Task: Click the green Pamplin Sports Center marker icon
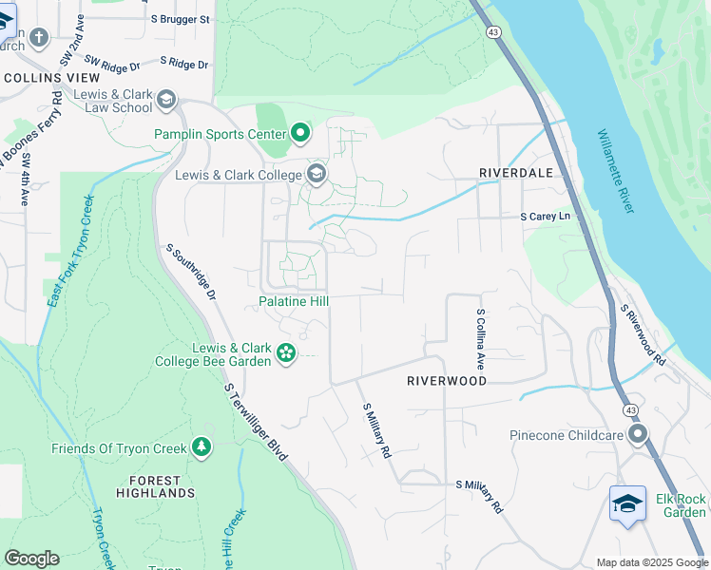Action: coord(301,132)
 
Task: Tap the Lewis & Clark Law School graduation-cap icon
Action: coord(166,100)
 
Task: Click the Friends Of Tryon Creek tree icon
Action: coord(201,447)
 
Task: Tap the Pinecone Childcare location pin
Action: coord(638,435)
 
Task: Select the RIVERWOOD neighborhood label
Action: coord(447,381)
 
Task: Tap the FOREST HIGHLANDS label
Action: coord(156,486)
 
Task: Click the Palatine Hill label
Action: coord(294,302)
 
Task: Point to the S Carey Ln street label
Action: coord(550,217)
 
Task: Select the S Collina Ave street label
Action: coord(482,339)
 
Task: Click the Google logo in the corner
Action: coord(32,559)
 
